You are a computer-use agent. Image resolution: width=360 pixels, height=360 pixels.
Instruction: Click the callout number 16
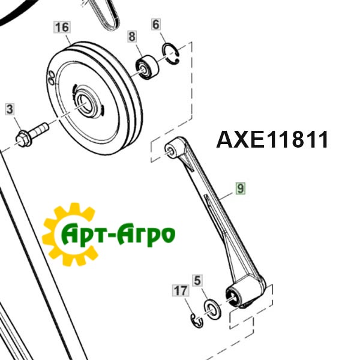click(x=62, y=27)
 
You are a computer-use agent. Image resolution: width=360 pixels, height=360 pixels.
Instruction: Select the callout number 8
click(x=132, y=37)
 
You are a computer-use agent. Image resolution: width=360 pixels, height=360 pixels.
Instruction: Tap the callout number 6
click(x=156, y=25)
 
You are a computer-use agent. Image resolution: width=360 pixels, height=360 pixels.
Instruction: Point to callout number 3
click(x=10, y=109)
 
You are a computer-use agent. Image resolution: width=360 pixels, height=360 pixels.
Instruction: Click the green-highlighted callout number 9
click(x=241, y=188)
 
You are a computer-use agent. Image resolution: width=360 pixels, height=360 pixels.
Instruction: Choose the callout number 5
click(x=197, y=281)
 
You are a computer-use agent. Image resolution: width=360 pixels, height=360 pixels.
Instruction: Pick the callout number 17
click(x=181, y=290)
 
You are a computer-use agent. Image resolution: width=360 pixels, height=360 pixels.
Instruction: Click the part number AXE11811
click(x=272, y=140)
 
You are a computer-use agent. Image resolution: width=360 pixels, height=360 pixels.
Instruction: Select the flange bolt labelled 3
click(x=32, y=135)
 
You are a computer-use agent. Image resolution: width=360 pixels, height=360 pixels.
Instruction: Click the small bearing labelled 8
click(x=147, y=67)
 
